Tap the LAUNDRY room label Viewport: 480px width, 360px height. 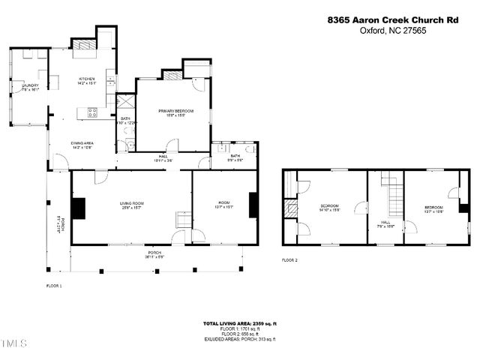pyautogui.click(x=30, y=87)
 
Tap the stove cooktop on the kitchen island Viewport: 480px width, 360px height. pyautogui.click(x=92, y=112)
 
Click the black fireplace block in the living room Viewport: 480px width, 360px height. pyautogui.click(x=78, y=207)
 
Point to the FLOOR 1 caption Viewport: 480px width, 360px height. pyautogui.click(x=54, y=286)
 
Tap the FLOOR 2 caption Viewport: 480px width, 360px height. pyautogui.click(x=289, y=259)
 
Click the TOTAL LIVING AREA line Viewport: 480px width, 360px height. pyautogui.click(x=240, y=323)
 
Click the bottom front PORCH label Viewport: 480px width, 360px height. pyautogui.click(x=155, y=253)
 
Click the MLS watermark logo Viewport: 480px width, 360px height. pyautogui.click(x=13, y=344)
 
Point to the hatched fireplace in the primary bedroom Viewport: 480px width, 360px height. pyautogui.click(x=173, y=76)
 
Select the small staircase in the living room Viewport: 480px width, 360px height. pyautogui.click(x=183, y=219)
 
